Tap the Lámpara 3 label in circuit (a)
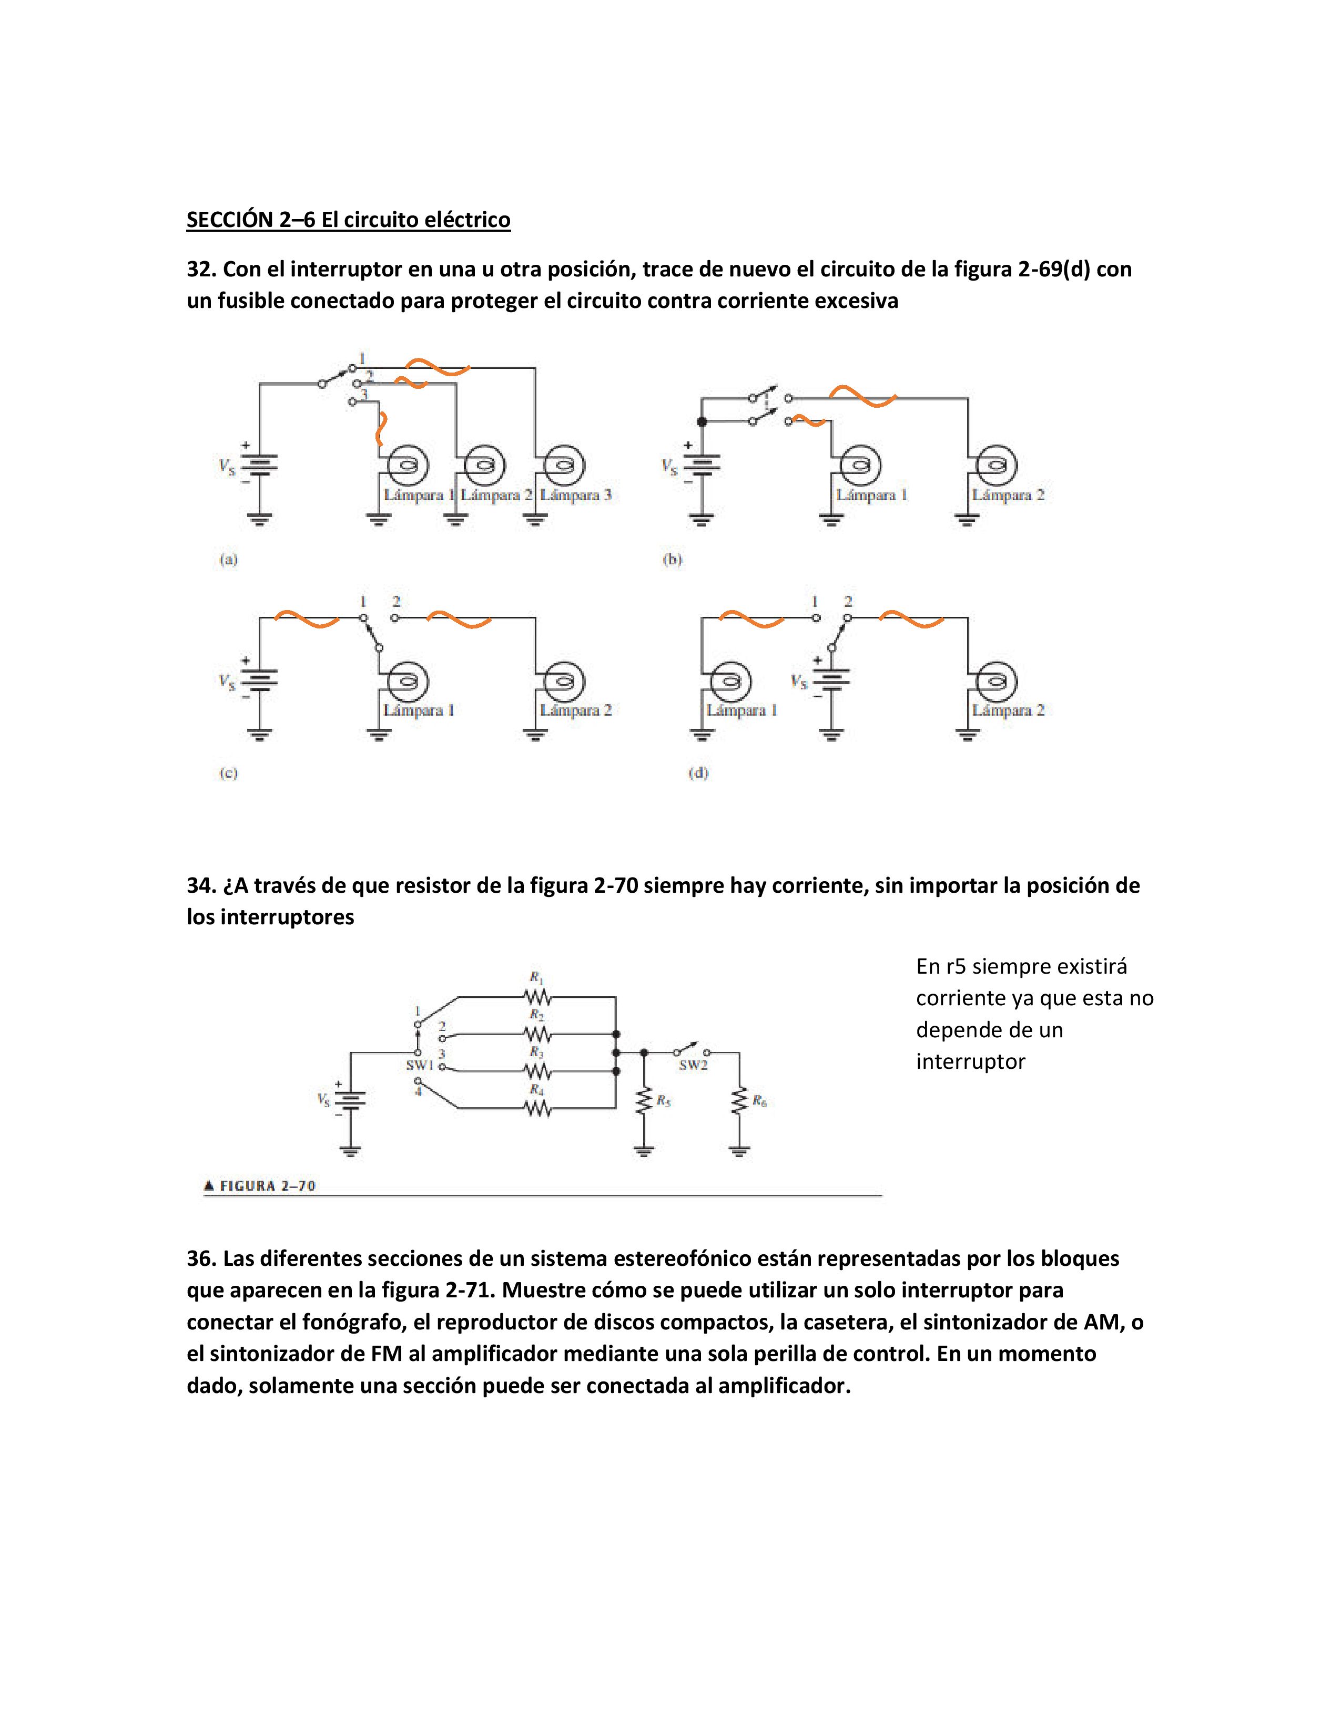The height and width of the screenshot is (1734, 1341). pos(575,494)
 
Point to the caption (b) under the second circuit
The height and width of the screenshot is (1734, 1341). pos(672,559)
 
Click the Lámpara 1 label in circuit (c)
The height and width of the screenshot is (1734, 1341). pos(418,710)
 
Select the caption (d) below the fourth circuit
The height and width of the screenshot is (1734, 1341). pos(697,772)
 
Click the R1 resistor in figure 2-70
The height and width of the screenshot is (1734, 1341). pos(537,996)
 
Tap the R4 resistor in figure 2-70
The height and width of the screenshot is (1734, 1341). pos(537,1109)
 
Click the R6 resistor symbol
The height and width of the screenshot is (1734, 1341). pos(739,1101)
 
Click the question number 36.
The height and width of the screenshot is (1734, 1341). pos(201,1258)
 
